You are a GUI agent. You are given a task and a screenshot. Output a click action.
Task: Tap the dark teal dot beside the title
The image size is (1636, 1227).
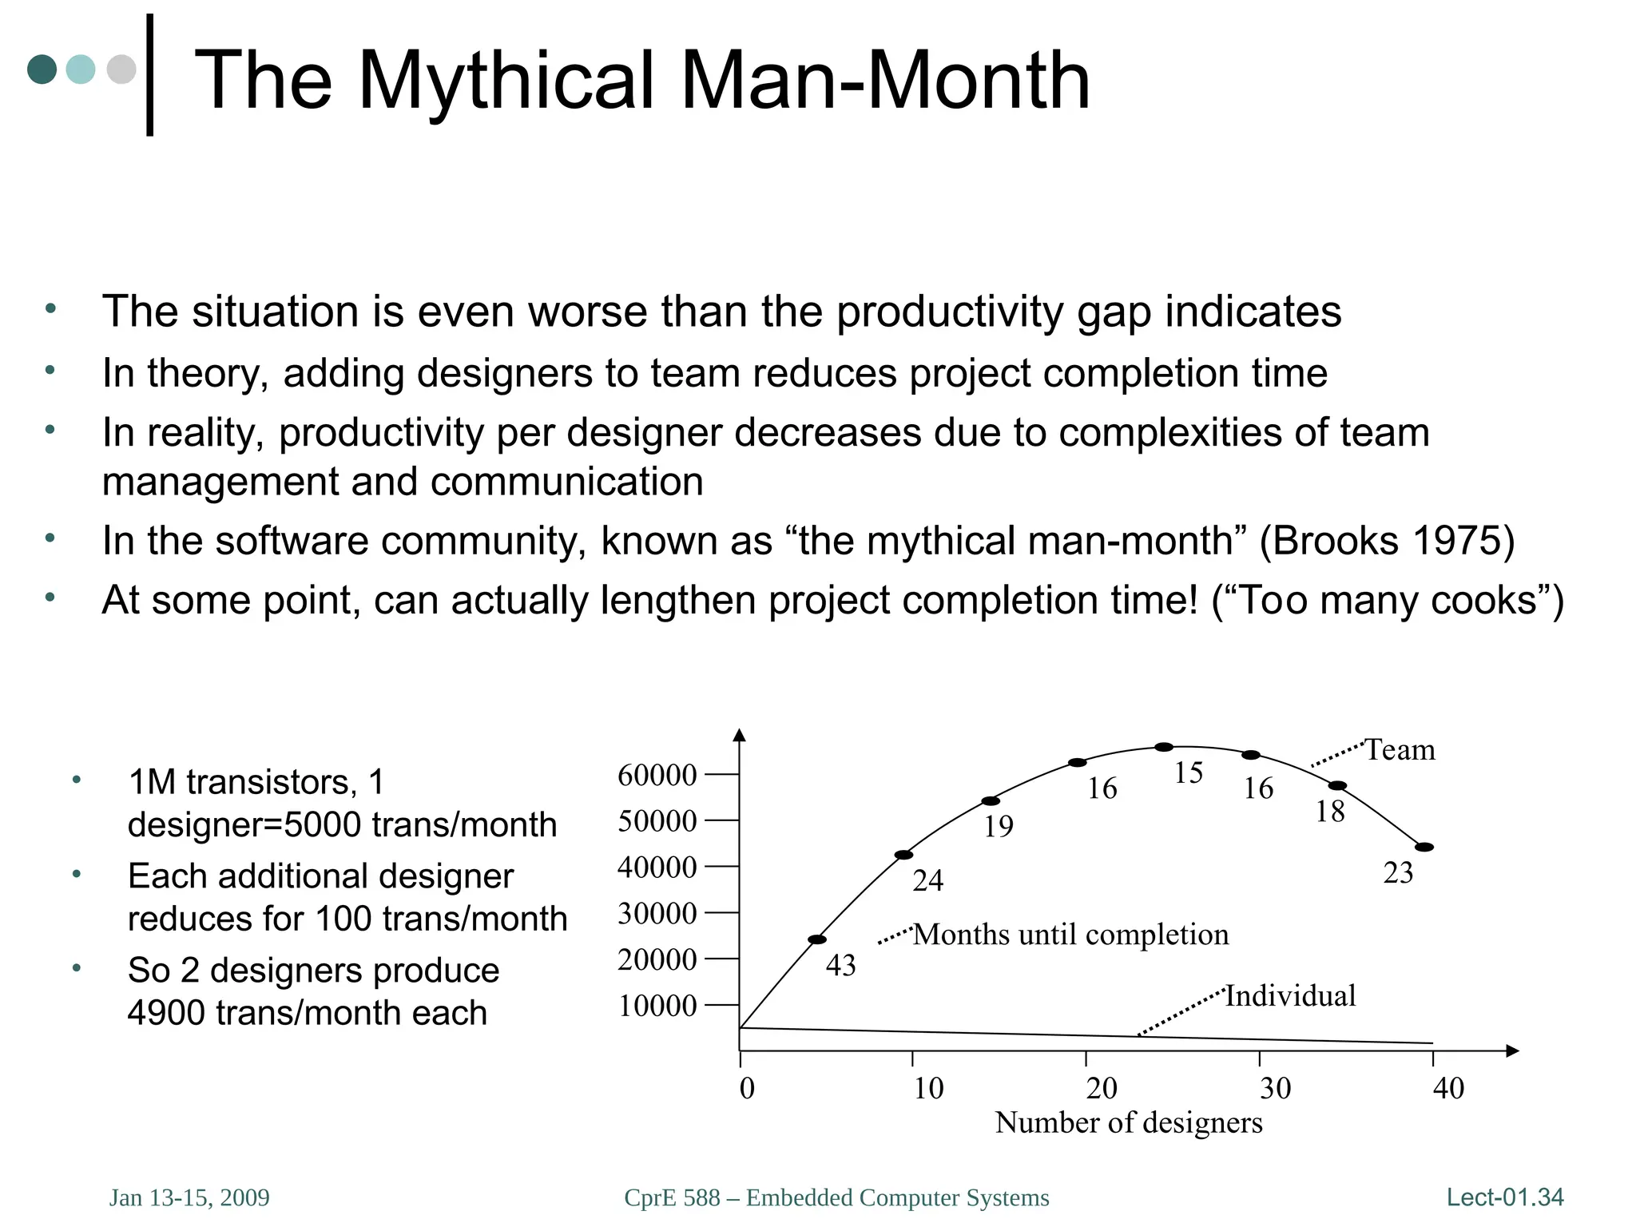[42, 69]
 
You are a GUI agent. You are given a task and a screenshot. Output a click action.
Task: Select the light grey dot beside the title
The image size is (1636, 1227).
[121, 69]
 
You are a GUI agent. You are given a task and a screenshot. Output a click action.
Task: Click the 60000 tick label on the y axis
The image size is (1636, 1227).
[657, 775]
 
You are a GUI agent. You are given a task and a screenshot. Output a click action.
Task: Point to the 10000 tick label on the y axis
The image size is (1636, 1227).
[657, 1006]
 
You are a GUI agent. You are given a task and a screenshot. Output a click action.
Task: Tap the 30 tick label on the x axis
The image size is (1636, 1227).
[1275, 1088]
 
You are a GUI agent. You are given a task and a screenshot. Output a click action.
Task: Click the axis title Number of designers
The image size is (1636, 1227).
[1128, 1122]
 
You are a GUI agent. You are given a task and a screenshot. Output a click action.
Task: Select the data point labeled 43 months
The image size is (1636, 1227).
[817, 939]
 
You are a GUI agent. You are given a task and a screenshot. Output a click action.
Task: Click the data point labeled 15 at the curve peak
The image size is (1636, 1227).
[1164, 747]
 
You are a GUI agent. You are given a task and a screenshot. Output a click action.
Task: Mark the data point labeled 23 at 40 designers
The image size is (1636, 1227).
[1424, 847]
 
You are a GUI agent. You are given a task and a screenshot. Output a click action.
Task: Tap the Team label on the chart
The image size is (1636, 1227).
[1400, 750]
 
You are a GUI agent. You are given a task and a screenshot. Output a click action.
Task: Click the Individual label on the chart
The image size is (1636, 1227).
[1290, 995]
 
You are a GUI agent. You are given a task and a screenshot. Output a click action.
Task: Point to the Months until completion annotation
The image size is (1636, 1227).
[1070, 935]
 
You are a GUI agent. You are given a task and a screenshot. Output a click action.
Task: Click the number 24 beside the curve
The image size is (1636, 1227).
[927, 881]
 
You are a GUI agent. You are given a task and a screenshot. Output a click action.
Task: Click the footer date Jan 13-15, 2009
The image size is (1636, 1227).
[189, 1197]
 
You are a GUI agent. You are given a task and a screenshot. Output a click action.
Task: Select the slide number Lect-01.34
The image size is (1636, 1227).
[1505, 1197]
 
